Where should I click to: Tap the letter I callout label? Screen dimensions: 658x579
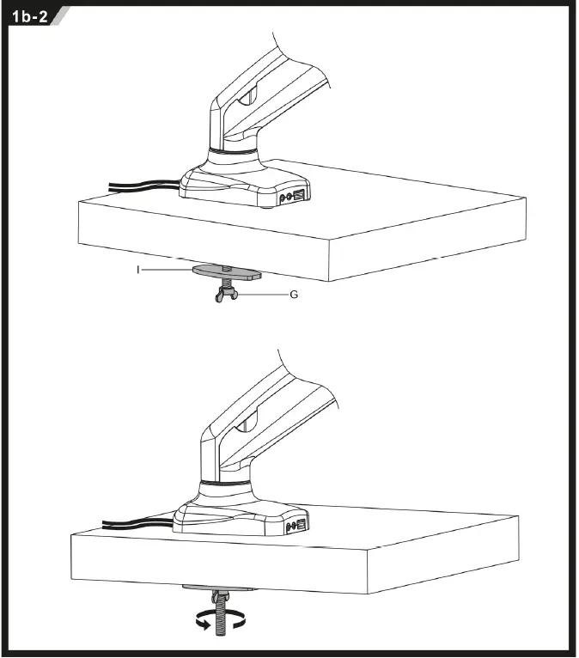coord(138,269)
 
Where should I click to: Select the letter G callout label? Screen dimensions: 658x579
coord(293,295)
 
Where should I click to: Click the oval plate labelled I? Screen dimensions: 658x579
coord(227,271)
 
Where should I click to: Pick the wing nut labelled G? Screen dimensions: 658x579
coord(224,296)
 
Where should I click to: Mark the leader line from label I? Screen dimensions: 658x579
coord(168,269)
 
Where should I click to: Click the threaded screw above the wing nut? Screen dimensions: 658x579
coord(225,283)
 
